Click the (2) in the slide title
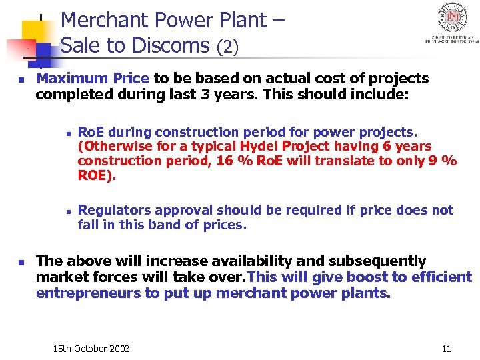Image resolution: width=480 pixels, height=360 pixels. click(x=227, y=47)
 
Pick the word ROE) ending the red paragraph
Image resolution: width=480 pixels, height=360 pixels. click(x=97, y=175)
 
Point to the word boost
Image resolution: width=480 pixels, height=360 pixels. click(x=349, y=277)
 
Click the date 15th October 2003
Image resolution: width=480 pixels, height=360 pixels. click(x=91, y=349)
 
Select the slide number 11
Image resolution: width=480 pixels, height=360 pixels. click(x=446, y=349)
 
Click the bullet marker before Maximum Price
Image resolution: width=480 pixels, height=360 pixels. click(x=21, y=79)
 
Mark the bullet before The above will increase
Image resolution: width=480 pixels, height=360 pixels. click(x=21, y=261)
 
